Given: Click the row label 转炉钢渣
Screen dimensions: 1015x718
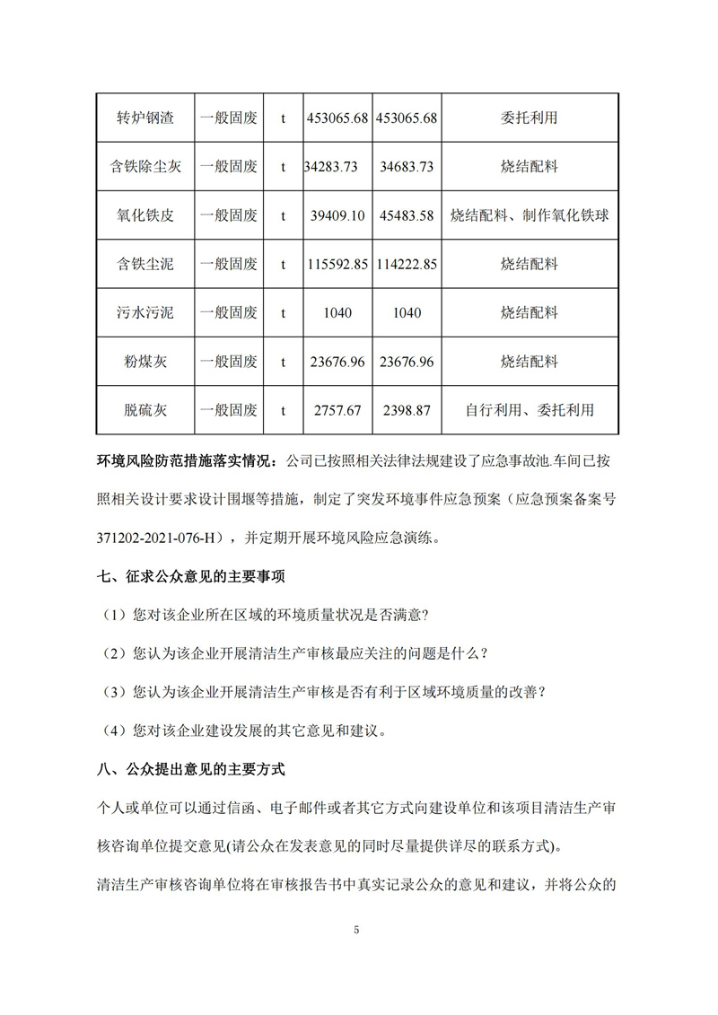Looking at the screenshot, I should (145, 118).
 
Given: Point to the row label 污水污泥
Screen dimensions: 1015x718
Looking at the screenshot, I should (145, 313).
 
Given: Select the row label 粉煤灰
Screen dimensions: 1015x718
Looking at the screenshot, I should (145, 362).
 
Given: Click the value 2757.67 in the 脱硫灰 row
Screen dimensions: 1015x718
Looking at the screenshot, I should (336, 410).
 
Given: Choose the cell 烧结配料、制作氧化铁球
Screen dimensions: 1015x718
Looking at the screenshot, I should (530, 216).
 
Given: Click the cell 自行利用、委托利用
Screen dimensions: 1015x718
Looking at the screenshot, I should (530, 410).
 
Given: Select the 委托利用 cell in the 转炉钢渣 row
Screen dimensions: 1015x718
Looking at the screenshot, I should (530, 118).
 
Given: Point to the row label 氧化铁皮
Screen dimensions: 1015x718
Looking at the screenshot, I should (145, 216).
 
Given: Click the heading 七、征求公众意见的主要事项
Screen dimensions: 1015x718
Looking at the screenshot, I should (190, 576).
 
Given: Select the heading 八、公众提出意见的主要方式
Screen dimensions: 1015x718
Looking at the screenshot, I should (190, 769).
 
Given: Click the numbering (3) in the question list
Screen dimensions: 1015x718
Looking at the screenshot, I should (115, 692).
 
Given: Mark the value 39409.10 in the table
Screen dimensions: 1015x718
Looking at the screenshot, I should (336, 216).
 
